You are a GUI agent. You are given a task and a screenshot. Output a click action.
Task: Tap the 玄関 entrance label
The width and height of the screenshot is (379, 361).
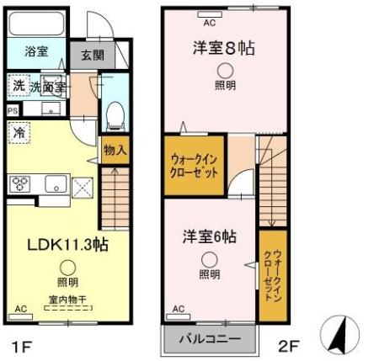tap(93, 56)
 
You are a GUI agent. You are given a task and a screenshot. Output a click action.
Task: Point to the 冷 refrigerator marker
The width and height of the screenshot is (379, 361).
tap(18, 132)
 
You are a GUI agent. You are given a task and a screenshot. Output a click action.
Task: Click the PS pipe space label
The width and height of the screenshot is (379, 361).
tap(12, 110)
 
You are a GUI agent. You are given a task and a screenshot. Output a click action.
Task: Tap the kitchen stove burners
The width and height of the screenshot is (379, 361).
tap(19, 183)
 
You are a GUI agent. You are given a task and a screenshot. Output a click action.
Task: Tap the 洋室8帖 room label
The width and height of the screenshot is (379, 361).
tap(225, 48)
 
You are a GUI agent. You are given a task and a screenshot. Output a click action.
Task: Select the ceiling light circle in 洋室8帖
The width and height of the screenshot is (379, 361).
tap(225, 71)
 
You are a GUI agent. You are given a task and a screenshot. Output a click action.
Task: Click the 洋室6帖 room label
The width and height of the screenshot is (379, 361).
tap(209, 236)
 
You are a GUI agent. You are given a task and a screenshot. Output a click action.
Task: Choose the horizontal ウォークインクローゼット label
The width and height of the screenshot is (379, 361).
tap(195, 164)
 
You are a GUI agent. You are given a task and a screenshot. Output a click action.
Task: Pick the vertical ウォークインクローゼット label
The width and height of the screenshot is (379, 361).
tap(269, 275)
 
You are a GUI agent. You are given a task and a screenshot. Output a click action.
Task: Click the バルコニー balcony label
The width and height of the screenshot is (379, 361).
tap(207, 340)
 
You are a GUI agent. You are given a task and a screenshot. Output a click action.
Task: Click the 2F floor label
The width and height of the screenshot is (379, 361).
tap(287, 345)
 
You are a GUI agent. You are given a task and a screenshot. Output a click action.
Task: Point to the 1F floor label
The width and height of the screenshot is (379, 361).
tap(23, 345)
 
